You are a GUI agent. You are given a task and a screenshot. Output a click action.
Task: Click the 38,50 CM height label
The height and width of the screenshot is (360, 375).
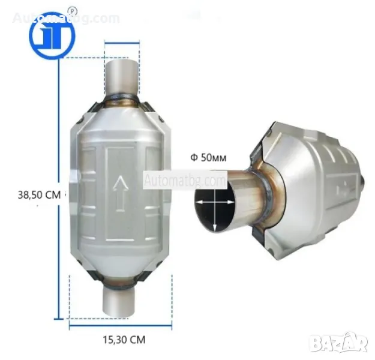40,195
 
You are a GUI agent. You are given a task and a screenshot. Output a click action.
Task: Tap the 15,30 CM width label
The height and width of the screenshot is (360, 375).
124,340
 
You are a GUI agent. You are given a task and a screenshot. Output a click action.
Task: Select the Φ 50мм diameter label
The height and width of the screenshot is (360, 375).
208,158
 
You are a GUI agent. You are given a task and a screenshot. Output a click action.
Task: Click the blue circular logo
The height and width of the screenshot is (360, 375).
52,35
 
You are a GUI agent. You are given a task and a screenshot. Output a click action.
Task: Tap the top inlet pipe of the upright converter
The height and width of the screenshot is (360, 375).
122,78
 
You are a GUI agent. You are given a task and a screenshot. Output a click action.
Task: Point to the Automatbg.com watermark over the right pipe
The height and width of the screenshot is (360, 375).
185,180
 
